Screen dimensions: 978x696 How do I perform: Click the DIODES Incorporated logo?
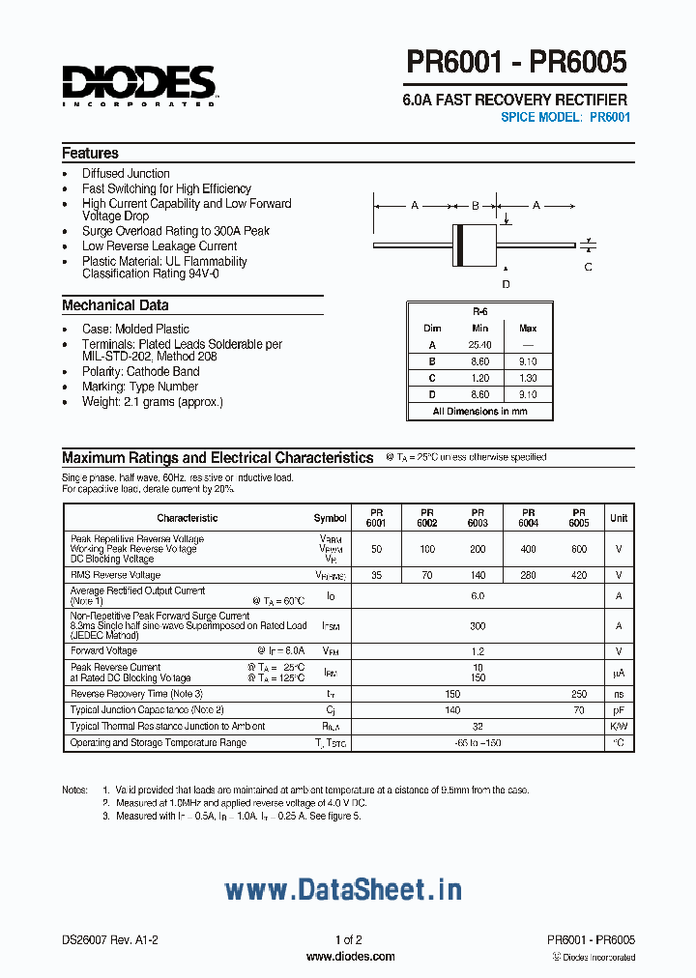[139, 85]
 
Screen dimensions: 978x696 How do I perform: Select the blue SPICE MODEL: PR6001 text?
[565, 117]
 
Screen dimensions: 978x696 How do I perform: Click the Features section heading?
[90, 154]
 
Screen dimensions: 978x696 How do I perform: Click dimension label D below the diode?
[505, 283]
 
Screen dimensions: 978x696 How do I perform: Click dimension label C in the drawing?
[588, 267]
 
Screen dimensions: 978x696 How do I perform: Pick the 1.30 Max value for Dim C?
[528, 378]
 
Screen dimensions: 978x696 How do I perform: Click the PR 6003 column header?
[478, 518]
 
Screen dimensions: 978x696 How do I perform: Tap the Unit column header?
[619, 518]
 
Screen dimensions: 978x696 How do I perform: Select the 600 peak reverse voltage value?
[578, 549]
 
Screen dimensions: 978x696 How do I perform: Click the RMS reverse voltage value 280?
[528, 575]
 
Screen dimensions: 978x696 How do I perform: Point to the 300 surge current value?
[478, 626]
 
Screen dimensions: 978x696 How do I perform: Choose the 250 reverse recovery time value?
[578, 694]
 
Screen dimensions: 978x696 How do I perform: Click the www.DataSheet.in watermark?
[343, 889]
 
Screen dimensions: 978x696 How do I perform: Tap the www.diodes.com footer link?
[350, 957]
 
